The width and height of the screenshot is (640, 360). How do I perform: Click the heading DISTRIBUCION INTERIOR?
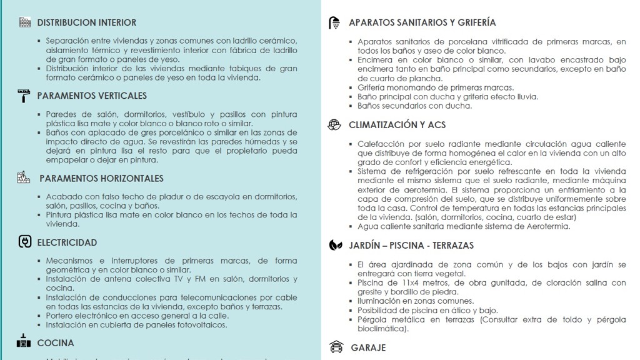tap(86, 22)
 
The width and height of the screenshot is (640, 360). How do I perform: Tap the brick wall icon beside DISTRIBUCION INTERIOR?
tap(25, 22)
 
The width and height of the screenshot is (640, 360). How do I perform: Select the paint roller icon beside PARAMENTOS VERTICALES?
tap(24, 96)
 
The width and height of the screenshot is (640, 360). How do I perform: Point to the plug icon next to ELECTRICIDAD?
tap(25, 242)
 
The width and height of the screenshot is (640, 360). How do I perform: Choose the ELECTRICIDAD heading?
tap(67, 242)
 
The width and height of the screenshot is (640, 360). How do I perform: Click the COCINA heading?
tap(56, 343)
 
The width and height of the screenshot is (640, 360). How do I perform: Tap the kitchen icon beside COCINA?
tap(24, 342)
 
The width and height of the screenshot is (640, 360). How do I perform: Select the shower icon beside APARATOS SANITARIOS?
tap(335, 23)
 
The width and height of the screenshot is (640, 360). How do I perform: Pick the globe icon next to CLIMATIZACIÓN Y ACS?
tap(334, 124)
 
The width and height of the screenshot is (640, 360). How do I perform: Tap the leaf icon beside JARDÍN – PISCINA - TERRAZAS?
tap(335, 245)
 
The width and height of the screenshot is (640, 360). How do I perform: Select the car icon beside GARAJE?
tap(336, 347)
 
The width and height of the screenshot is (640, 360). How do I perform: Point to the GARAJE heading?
tap(368, 347)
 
